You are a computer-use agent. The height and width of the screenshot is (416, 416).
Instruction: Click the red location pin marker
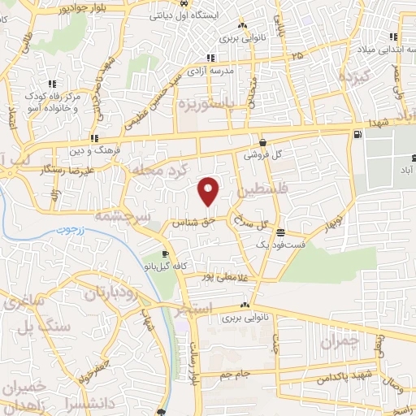click(x=210, y=191)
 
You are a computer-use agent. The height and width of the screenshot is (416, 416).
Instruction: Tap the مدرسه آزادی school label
click(x=232, y=70)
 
